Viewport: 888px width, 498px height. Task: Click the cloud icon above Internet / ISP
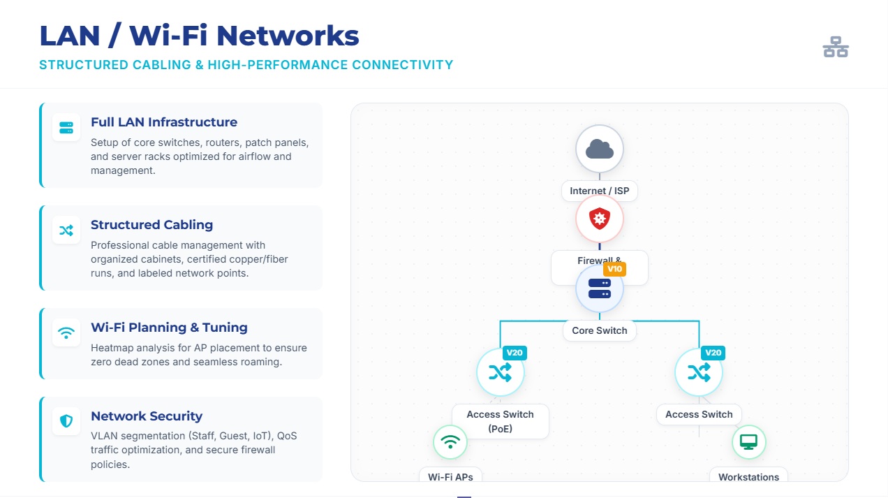pos(599,149)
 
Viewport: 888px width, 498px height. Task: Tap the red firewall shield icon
pos(599,219)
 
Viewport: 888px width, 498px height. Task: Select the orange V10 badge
pos(614,269)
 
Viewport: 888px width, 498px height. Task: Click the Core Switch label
pos(599,330)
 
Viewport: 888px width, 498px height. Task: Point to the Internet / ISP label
pos(599,191)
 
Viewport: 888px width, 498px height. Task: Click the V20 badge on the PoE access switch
pos(515,353)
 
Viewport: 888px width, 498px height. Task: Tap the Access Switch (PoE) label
pos(500,421)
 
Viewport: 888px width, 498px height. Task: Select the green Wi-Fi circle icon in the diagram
pos(450,442)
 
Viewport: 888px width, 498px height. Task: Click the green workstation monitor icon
pos(748,442)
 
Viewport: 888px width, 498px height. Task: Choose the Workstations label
pos(748,477)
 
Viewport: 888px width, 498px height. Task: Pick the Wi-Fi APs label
pos(450,477)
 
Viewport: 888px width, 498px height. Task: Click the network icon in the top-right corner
pos(835,47)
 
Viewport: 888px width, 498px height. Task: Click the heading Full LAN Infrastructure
pos(164,122)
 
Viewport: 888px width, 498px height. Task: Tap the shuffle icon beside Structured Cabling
pos(66,230)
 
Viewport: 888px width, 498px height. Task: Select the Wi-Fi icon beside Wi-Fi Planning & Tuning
pos(66,332)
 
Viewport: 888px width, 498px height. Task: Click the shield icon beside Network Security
pos(66,421)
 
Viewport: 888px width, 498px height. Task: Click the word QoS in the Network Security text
pos(287,436)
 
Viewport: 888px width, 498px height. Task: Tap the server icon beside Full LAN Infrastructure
pos(66,128)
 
